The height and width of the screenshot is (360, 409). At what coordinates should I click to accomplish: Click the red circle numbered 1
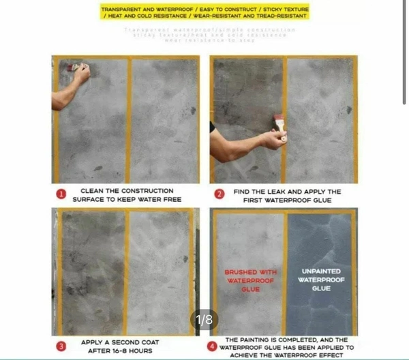[61, 194]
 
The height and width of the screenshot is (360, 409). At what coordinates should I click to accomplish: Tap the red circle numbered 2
[219, 194]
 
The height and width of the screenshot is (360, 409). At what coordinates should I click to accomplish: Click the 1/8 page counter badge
[204, 319]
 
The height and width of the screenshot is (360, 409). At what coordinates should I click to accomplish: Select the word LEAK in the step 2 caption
[276, 192]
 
